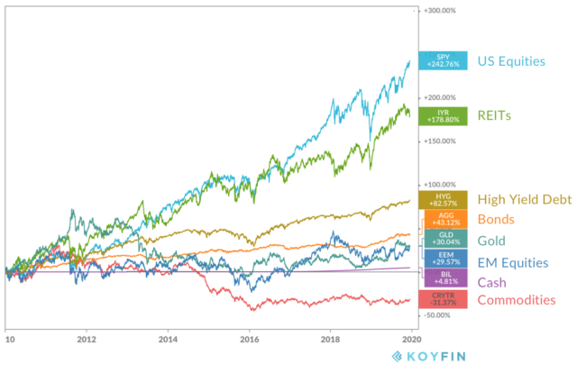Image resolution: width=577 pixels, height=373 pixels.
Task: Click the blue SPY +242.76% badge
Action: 441,61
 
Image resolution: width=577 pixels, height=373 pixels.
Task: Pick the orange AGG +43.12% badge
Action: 441,219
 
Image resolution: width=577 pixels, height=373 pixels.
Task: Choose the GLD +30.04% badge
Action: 441,239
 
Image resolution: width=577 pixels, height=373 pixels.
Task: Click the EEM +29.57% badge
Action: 441,259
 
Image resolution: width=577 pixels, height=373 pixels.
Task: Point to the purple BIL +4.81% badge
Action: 441,278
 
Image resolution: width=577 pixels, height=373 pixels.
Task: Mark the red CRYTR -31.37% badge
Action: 441,298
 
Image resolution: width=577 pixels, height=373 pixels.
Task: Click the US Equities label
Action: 510,61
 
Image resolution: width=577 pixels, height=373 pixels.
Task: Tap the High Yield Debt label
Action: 524,200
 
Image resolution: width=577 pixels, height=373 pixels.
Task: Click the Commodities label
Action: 517,298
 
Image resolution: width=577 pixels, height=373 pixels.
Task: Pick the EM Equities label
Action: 511,263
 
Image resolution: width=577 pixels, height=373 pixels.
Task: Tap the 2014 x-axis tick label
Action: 168,341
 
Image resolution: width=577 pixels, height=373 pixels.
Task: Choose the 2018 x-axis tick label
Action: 331,341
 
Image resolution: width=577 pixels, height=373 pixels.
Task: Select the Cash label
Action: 491,280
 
